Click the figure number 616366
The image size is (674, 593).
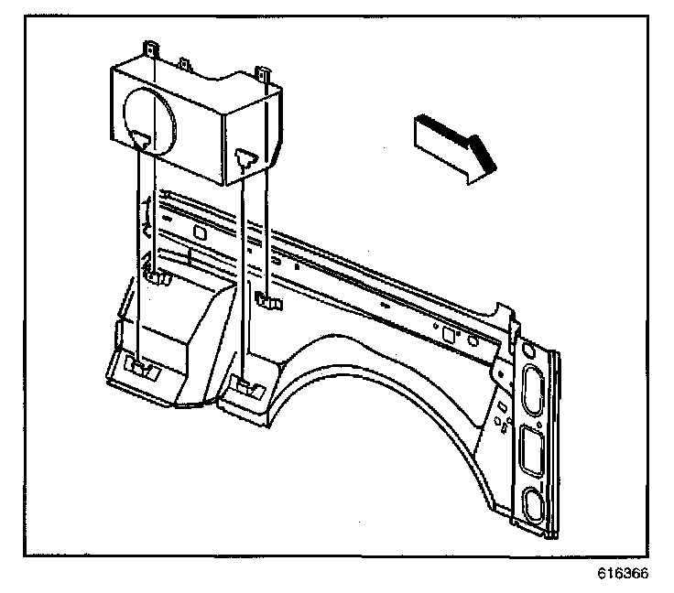click(x=623, y=574)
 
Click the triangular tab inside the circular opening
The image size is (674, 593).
click(x=142, y=139)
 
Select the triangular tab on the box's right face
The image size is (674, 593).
click(x=245, y=158)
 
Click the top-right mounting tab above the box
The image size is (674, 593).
click(x=265, y=74)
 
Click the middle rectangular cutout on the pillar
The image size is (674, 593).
click(x=532, y=449)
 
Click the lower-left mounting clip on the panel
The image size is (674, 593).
click(x=142, y=369)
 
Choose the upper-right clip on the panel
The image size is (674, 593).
click(x=268, y=299)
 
